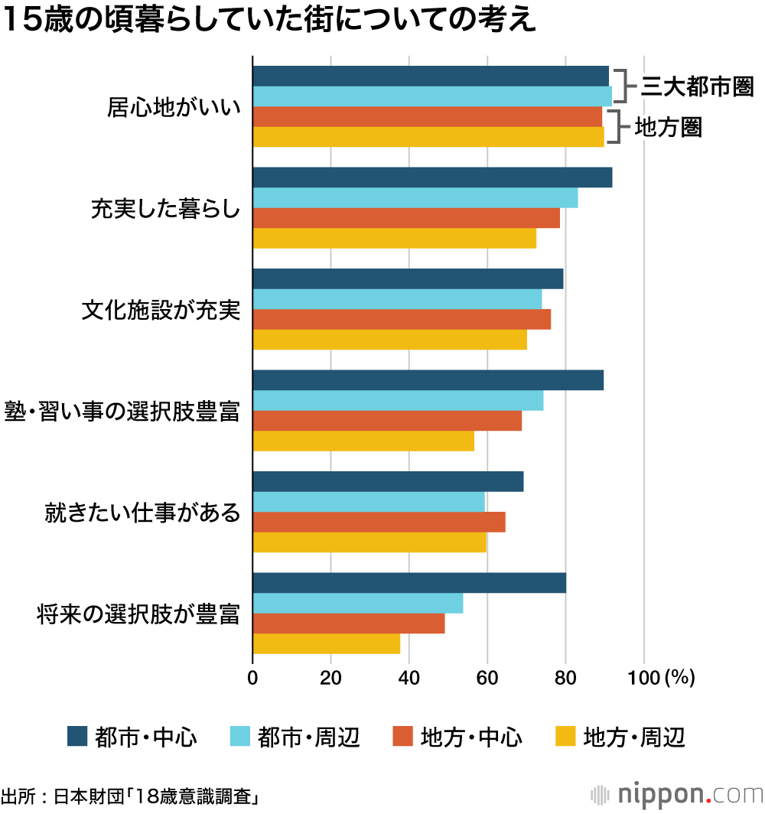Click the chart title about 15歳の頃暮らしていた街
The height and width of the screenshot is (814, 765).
tap(269, 20)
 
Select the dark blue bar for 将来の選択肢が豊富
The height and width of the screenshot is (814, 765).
tap(409, 583)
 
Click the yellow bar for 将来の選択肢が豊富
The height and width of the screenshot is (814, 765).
tap(326, 643)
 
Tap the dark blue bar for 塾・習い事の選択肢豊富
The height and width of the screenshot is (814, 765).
tap(428, 380)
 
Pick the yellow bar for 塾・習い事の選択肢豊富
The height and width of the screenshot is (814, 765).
tap(363, 441)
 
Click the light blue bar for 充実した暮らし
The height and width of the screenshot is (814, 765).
tap(415, 197)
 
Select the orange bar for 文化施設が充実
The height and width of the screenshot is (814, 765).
tap(402, 319)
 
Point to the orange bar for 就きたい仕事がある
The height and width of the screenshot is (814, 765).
tap(379, 522)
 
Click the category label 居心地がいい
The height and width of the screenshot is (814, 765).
tap(174, 106)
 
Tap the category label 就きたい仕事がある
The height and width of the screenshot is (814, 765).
tap(142, 512)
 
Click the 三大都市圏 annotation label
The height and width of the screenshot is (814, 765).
tap(697, 86)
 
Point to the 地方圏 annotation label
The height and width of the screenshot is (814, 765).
tap(668, 127)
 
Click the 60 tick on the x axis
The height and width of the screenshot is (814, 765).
tap(487, 677)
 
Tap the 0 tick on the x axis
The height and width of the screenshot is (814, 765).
tap(252, 677)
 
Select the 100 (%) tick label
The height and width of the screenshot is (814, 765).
tap(661, 677)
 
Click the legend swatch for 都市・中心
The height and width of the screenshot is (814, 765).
tap(77, 736)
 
